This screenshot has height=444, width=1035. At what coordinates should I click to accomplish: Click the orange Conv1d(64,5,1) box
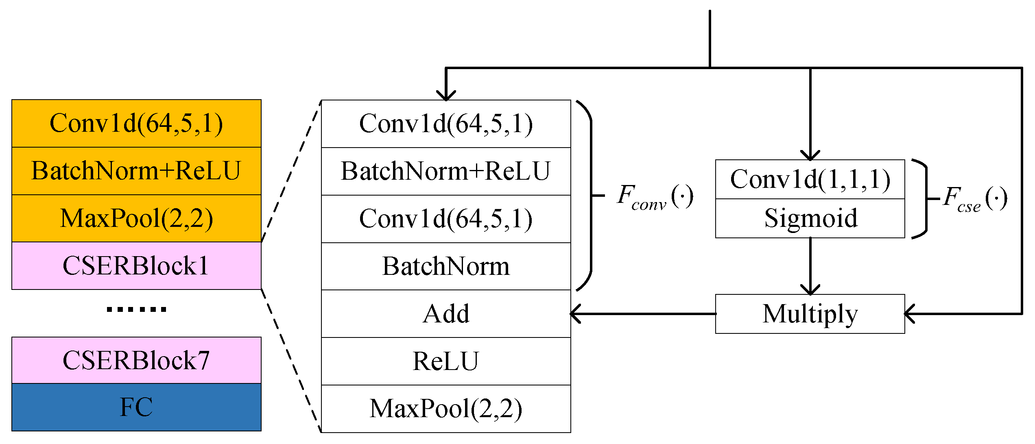[136, 123]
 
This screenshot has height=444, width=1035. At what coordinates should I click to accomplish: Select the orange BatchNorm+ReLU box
[136, 171]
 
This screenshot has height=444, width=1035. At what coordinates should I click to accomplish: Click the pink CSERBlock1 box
[136, 266]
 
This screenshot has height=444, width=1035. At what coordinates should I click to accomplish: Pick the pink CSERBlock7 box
[136, 360]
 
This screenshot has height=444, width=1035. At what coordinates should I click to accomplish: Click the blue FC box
[136, 407]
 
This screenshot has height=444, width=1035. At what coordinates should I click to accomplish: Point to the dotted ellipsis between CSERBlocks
[136, 310]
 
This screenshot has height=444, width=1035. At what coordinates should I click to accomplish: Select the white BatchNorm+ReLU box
[446, 171]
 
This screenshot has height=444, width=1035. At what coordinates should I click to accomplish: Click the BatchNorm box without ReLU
[446, 266]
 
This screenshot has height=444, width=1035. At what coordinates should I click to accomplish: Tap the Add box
[446, 314]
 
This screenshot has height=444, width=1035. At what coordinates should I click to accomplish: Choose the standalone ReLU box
[446, 361]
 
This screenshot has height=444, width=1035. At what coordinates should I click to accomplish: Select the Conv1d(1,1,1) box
[810, 179]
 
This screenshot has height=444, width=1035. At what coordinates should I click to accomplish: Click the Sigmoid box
[810, 218]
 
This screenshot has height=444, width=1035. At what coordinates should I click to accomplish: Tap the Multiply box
[810, 314]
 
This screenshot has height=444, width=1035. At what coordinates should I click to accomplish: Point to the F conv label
[654, 197]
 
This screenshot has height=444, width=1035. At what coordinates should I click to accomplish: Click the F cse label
[975, 199]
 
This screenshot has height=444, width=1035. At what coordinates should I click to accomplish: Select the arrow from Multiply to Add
[643, 314]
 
